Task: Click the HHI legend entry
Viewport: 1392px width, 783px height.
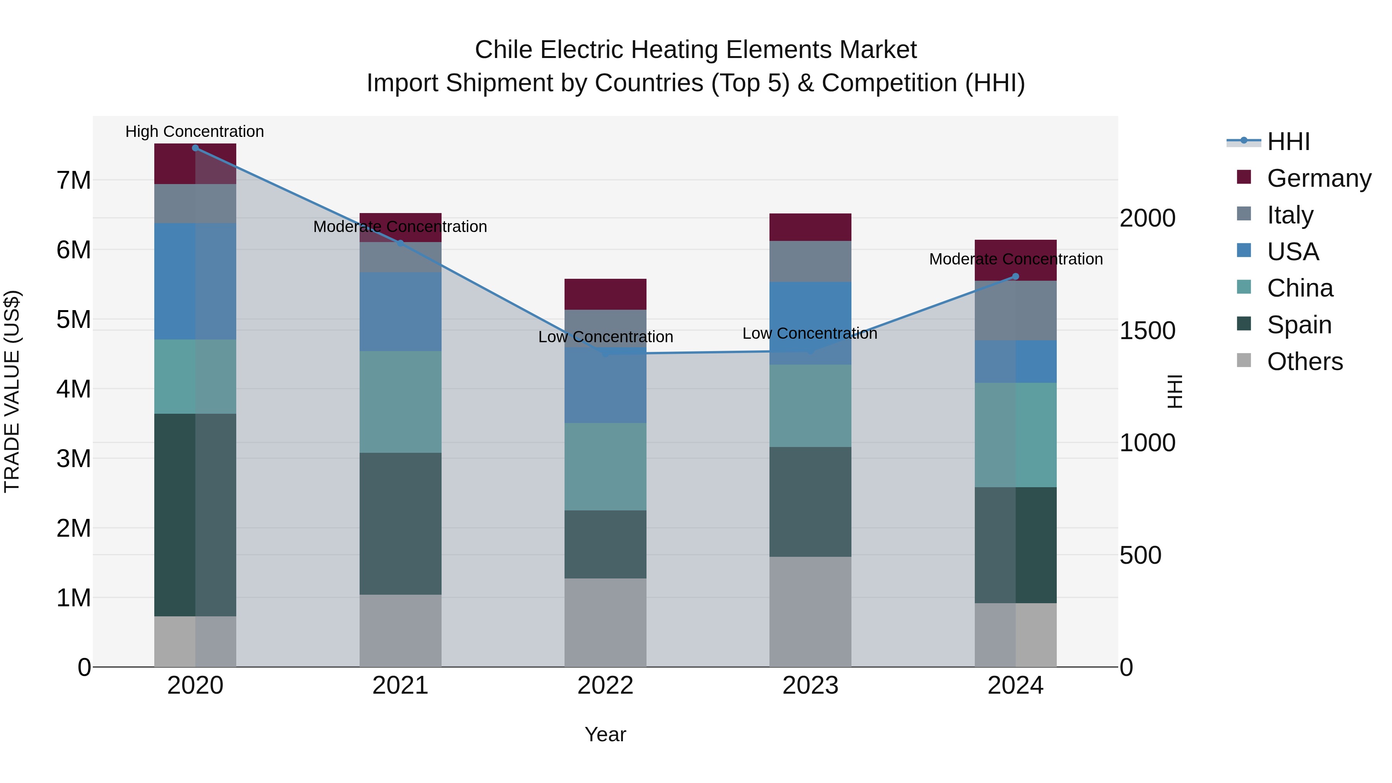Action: click(1288, 142)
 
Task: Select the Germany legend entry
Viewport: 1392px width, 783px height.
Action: click(1318, 178)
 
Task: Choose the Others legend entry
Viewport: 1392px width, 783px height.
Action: click(1305, 362)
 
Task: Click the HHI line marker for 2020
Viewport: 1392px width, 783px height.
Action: click(195, 148)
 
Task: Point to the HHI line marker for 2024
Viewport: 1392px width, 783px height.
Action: click(1015, 277)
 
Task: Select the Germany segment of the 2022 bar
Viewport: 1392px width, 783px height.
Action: click(605, 294)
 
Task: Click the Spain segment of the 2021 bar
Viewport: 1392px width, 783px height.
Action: click(401, 524)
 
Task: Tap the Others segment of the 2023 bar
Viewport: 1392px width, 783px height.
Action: click(810, 612)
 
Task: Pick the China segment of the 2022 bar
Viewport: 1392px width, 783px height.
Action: click(605, 466)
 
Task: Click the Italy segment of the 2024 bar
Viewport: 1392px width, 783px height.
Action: click(1015, 310)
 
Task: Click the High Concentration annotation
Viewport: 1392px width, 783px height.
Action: click(194, 132)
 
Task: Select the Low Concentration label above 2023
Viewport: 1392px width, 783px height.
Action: click(809, 333)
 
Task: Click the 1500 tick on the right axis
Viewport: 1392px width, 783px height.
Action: click(1147, 331)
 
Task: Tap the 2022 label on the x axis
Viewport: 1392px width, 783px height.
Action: click(605, 686)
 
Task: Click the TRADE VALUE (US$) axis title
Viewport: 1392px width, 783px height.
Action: click(12, 391)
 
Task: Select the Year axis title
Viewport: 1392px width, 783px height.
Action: click(605, 734)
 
